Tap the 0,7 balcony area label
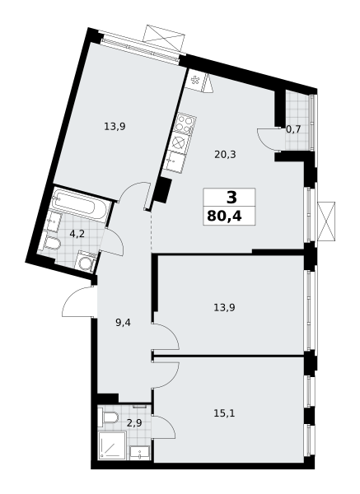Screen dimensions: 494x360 pyautogui.click(x=292, y=128)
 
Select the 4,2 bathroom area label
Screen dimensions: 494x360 pyautogui.click(x=77, y=233)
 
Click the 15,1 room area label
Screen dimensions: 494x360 pyautogui.click(x=225, y=413)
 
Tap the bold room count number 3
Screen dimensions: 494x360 pyautogui.click(x=231, y=198)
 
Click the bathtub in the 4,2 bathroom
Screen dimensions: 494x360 pyautogui.click(x=80, y=206)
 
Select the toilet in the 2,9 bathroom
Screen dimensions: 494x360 pyautogui.click(x=107, y=419)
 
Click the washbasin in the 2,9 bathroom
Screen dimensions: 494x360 pyautogui.click(x=141, y=450)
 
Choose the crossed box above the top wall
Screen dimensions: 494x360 pyautogui.click(x=162, y=37)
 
